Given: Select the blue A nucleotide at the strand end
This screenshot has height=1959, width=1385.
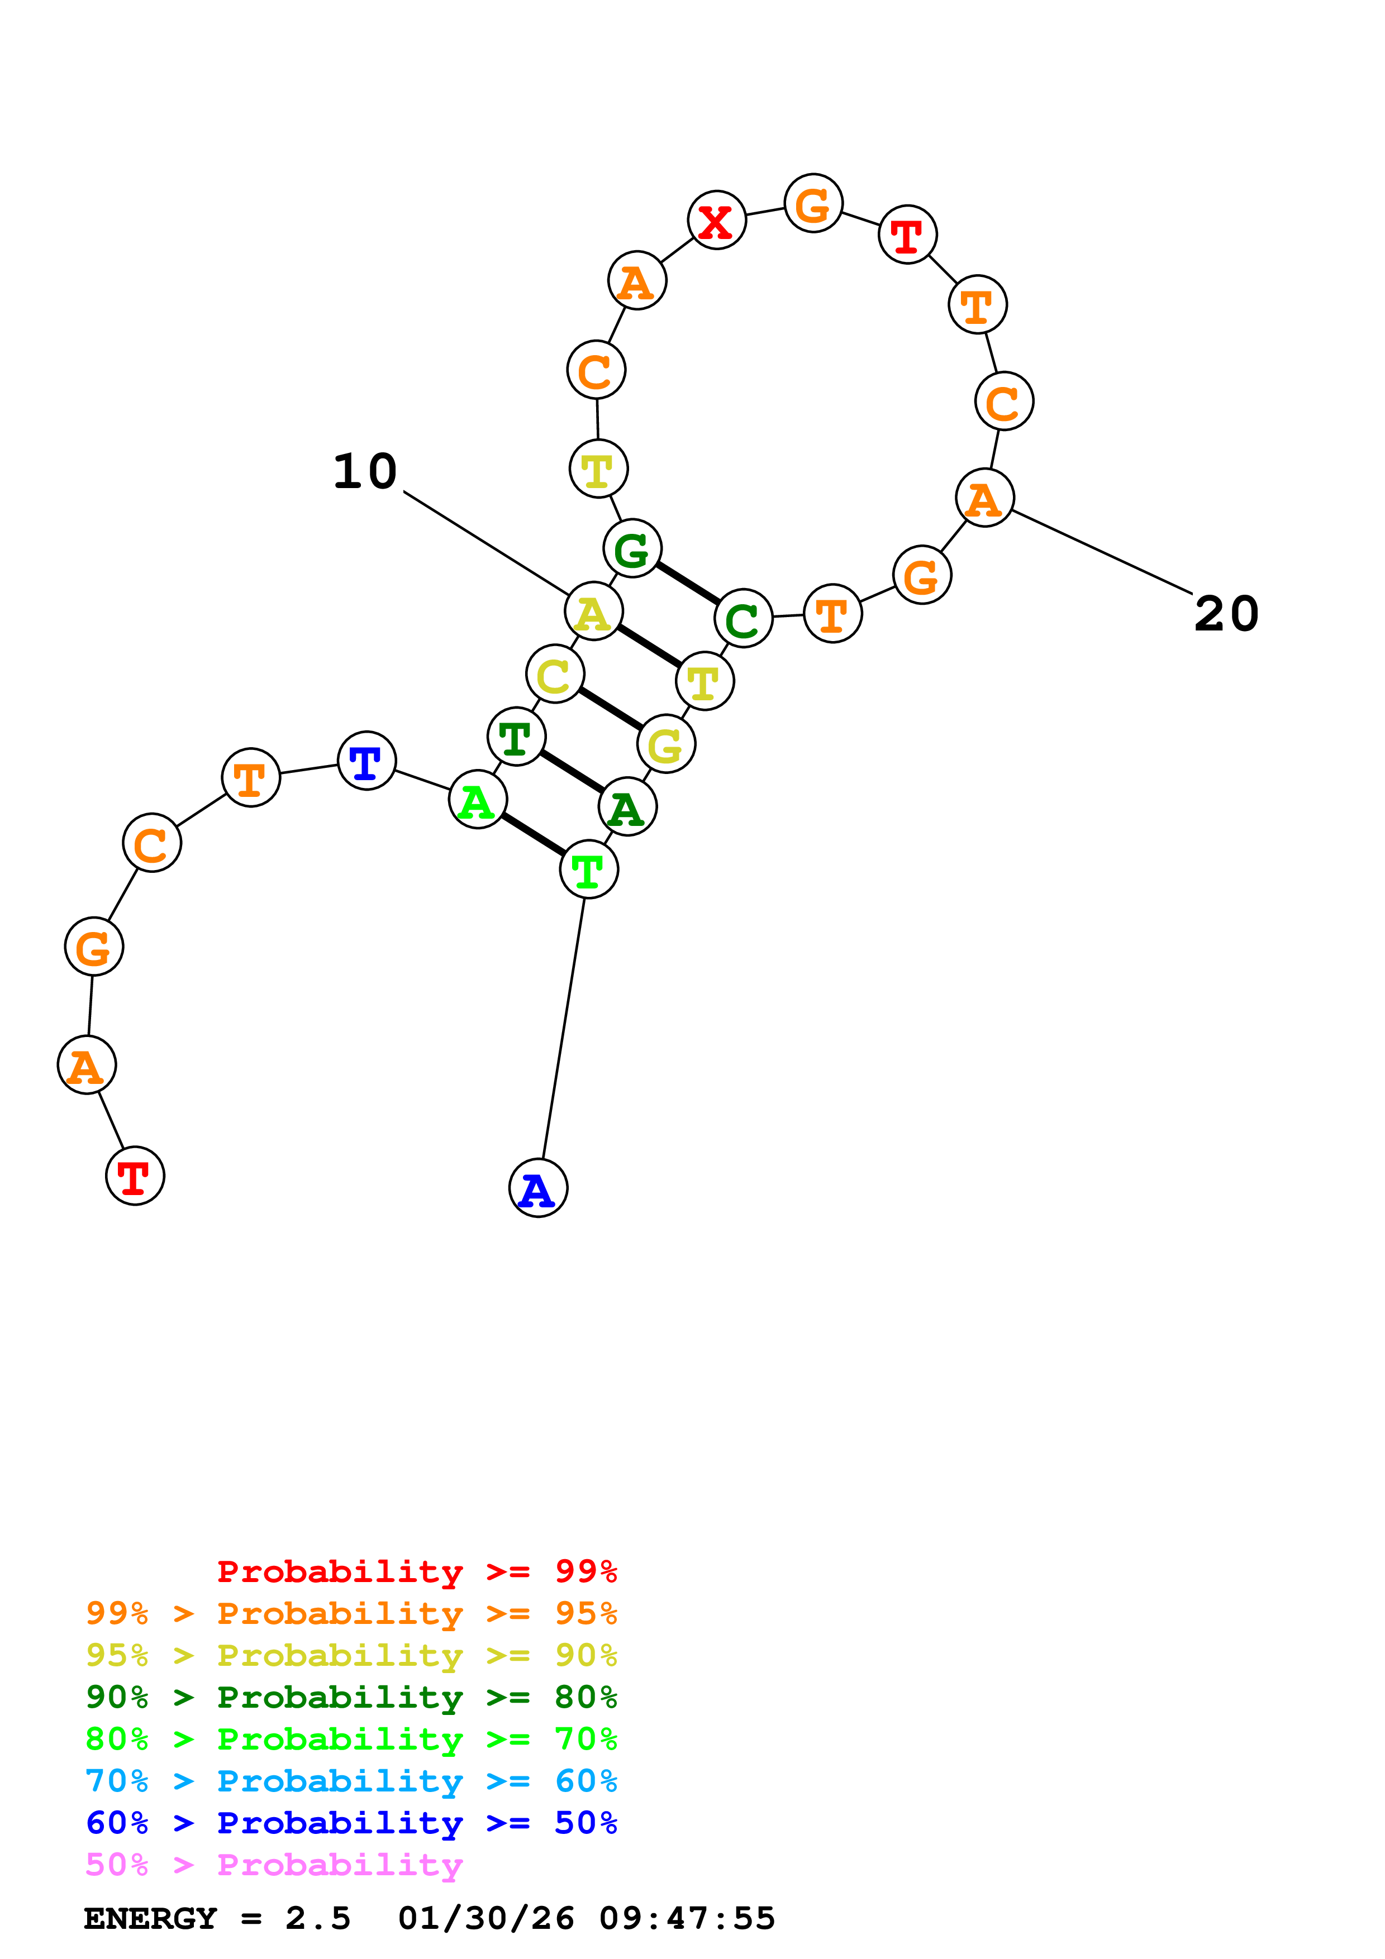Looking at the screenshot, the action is click(x=537, y=1188).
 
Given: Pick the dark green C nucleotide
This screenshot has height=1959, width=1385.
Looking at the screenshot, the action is click(x=743, y=619).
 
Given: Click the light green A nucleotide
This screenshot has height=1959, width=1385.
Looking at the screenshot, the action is click(x=478, y=800).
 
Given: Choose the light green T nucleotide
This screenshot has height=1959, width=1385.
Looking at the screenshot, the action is click(x=589, y=869).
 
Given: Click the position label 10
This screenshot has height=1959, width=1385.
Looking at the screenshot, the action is click(x=365, y=472).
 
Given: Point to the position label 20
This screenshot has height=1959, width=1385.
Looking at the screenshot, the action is click(x=1226, y=614).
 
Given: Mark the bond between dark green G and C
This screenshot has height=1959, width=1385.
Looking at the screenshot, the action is click(x=687, y=584).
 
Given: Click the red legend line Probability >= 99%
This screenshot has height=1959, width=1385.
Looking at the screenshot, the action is click(x=416, y=1571).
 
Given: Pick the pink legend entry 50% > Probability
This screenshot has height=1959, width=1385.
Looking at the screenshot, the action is click(x=273, y=1865).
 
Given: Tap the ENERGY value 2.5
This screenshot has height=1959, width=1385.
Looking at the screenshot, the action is click(x=317, y=1919).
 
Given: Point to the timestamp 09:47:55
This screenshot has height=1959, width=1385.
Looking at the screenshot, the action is click(x=687, y=1919).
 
